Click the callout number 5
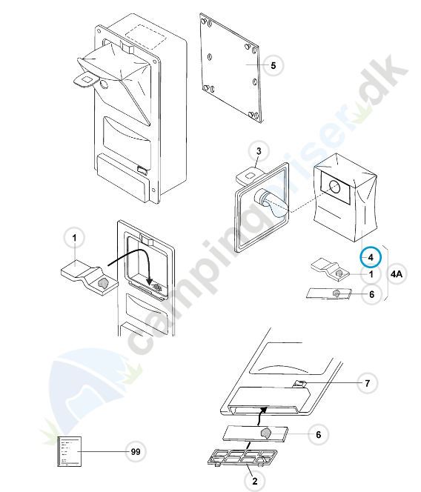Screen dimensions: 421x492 point(274,66)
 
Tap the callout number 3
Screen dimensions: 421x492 point(259,151)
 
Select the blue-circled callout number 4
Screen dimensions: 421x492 point(371,257)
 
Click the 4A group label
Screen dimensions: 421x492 point(397,274)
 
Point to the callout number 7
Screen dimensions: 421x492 point(368,383)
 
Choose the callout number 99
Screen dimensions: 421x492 point(136,452)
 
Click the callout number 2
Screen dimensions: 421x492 point(255,481)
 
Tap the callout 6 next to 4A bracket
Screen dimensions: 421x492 point(372,294)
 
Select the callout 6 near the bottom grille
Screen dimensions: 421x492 point(318,435)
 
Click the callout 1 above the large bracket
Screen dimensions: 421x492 point(74,238)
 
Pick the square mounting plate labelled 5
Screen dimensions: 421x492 point(231,67)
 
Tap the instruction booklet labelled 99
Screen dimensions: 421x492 point(70,451)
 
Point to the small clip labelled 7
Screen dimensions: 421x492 point(300,383)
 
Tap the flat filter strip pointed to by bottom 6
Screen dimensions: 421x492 point(255,433)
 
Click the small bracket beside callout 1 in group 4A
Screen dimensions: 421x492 point(331,268)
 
